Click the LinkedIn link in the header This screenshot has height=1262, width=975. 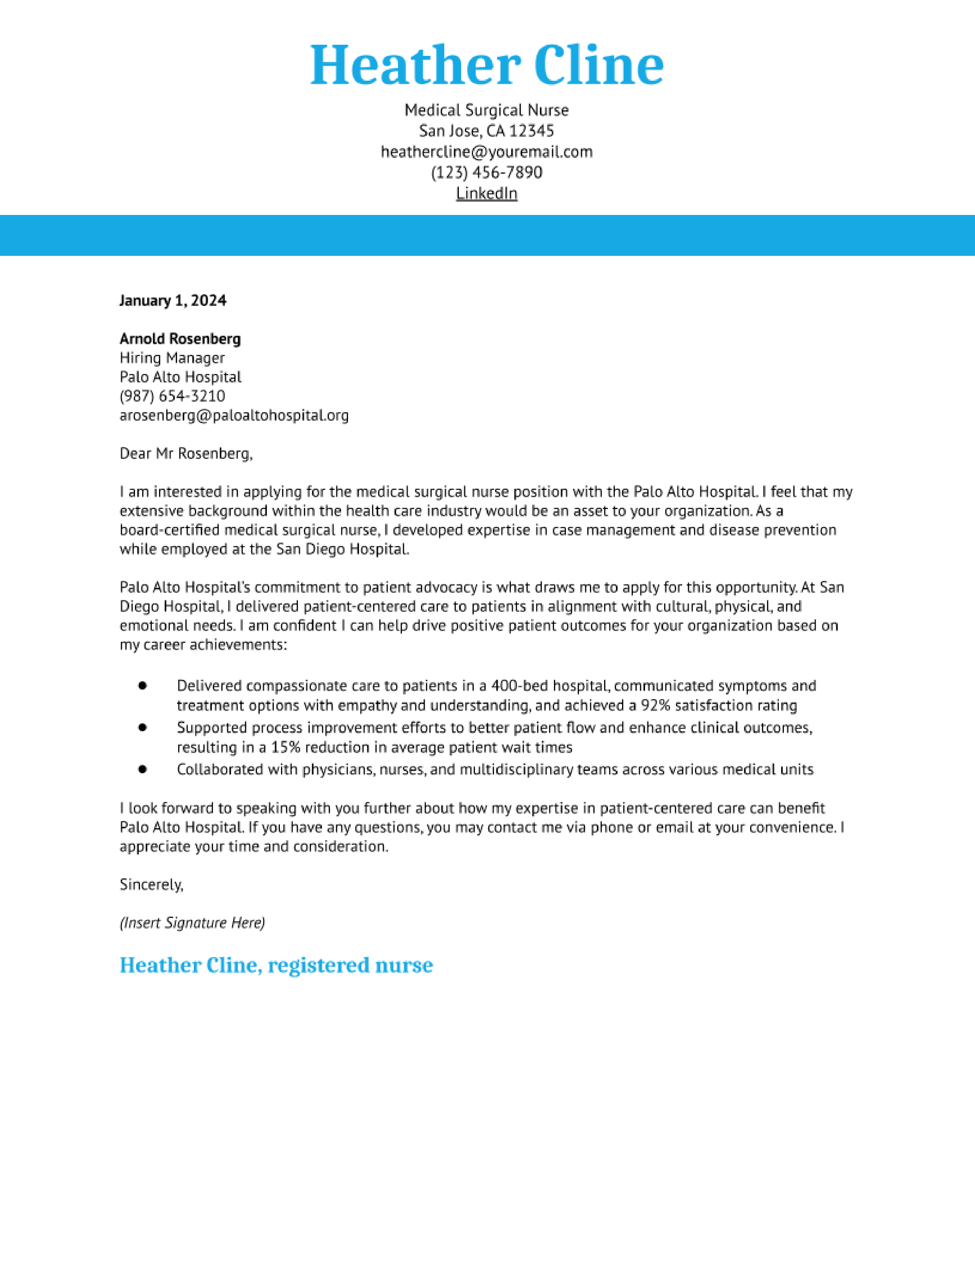486,194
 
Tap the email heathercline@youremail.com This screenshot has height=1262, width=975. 486,152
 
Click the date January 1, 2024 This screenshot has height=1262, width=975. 173,301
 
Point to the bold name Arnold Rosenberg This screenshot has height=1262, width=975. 180,338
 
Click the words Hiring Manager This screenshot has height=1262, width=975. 172,358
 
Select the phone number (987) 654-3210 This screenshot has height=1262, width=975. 172,396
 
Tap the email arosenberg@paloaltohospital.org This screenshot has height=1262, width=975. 234,415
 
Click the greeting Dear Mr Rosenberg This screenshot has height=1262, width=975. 185,454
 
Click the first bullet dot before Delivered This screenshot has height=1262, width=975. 143,685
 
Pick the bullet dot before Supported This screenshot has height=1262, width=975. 143,727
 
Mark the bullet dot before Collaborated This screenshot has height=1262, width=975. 143,769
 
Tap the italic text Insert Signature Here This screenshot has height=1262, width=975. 192,923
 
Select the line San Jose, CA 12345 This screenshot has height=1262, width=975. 486,131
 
